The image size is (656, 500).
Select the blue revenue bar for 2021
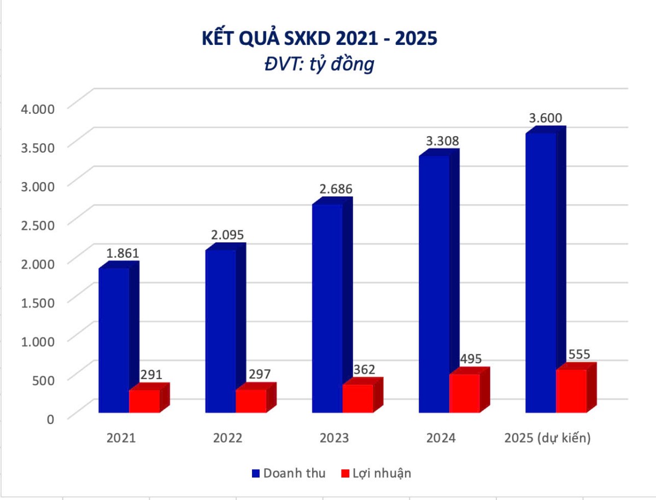click(114, 339)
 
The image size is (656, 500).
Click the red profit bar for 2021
click(144, 400)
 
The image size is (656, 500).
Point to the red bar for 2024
click(464, 393)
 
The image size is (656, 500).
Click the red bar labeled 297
click(251, 400)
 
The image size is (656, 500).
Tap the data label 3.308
click(442, 141)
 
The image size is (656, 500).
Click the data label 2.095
click(227, 235)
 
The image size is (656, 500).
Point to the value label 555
click(579, 354)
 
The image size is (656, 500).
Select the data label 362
click(364, 369)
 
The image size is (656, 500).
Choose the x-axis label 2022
click(227, 438)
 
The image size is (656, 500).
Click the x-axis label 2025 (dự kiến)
click(547, 438)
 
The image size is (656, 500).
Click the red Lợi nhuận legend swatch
click(345, 473)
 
